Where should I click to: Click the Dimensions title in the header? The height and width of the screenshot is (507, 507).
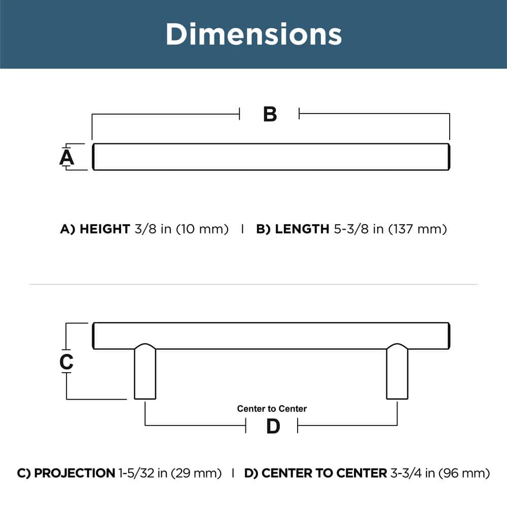[253, 34]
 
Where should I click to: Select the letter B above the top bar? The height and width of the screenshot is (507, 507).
[270, 114]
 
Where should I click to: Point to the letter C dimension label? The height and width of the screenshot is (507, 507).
[66, 361]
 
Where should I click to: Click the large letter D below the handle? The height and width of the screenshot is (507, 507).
[273, 427]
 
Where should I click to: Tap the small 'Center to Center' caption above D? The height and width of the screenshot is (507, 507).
[272, 409]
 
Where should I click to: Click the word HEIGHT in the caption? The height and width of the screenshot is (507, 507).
[104, 229]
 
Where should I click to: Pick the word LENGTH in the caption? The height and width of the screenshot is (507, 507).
[302, 229]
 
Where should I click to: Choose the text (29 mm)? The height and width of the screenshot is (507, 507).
[196, 474]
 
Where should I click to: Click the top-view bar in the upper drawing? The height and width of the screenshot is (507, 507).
[271, 157]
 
